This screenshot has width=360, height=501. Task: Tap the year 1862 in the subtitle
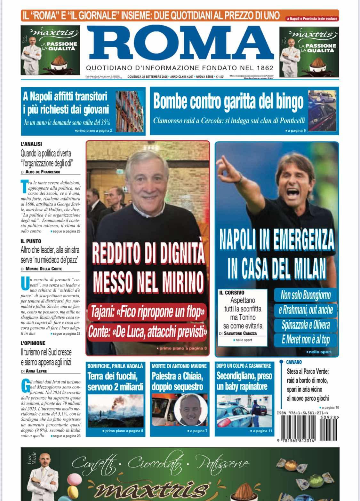click(265, 68)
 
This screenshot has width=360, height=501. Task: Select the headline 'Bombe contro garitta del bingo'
click(228, 102)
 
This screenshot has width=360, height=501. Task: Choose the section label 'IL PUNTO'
click(31, 241)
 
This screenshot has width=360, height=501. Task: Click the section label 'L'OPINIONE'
click(33, 343)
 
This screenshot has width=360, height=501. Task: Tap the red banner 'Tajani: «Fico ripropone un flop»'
click(148, 312)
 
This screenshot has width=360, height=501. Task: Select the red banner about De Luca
click(148, 333)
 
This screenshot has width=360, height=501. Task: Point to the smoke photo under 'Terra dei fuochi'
click(115, 411)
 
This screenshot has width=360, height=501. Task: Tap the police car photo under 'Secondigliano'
click(244, 411)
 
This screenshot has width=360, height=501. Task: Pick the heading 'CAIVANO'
click(294, 362)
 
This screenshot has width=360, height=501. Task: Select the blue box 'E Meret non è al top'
click(306, 340)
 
